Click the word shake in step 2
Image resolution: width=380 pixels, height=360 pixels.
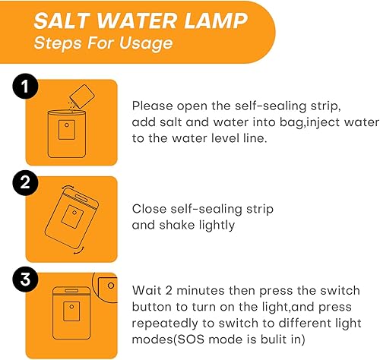pyautogui.click(x=176, y=225)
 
